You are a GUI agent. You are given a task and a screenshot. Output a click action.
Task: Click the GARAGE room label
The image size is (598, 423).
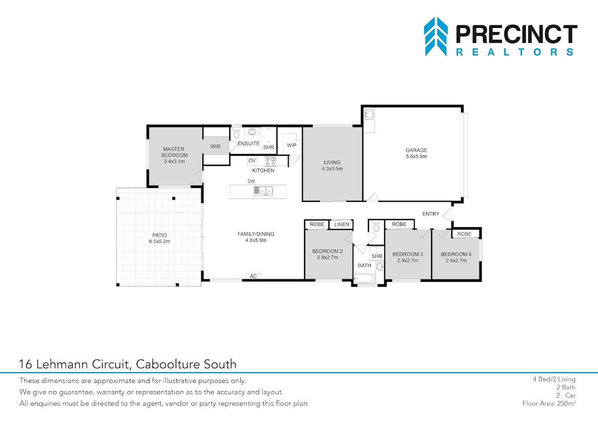click(x=416, y=150)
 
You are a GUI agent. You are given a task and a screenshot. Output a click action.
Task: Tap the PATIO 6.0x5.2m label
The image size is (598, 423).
click(x=159, y=238)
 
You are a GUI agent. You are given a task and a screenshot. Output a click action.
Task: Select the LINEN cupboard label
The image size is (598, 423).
click(x=342, y=224)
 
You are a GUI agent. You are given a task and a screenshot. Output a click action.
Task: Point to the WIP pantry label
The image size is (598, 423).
click(x=292, y=145)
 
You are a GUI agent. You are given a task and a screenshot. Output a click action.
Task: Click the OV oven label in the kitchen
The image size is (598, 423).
click(x=252, y=161)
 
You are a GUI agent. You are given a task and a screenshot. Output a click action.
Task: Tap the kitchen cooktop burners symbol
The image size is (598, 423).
click(x=271, y=162)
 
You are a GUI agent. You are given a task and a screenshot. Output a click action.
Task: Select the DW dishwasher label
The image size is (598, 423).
click(x=251, y=181)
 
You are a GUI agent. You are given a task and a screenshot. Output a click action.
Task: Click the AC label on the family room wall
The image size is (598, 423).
click(x=253, y=276)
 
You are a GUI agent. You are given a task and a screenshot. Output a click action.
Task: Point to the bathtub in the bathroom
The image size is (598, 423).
click(x=365, y=278)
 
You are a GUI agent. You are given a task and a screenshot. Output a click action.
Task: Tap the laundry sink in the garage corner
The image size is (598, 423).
click(x=369, y=115)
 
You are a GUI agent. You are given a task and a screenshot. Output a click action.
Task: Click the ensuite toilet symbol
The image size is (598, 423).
click(x=237, y=133)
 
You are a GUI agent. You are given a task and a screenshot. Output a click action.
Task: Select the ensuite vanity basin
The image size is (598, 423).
click(x=252, y=131)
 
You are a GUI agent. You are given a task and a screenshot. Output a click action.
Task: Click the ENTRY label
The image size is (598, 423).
click(x=431, y=214)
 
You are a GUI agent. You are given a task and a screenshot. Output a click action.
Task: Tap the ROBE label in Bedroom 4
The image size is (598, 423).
click(x=464, y=234)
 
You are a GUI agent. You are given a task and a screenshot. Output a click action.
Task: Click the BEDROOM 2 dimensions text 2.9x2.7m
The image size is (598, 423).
click(x=327, y=257)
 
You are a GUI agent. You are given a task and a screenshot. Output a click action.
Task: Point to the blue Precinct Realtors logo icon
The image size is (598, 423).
click(x=436, y=36)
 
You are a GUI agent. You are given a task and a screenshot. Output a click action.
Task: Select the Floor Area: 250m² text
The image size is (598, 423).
click(x=549, y=403)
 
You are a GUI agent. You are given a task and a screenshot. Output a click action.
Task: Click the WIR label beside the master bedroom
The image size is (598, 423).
click(x=215, y=147)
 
